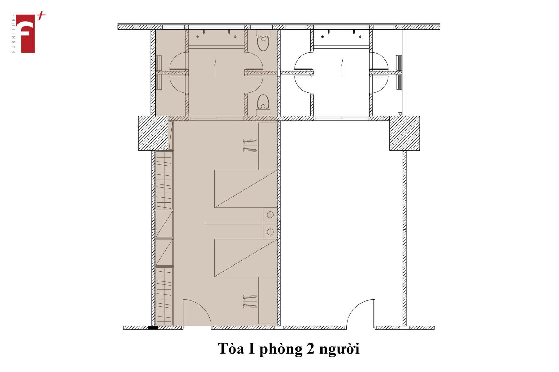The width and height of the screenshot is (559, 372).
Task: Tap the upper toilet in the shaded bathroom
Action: [263, 41]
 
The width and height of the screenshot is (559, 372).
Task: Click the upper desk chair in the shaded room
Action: [250, 145]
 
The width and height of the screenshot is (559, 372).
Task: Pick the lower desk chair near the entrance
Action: [250, 301]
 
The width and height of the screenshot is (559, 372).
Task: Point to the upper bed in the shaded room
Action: [246, 189]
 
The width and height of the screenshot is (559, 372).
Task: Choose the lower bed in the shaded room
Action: [246, 258]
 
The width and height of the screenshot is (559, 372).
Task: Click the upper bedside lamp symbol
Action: [270, 215]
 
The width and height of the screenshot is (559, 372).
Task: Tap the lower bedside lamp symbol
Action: [270, 232]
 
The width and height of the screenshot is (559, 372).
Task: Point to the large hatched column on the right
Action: [404, 133]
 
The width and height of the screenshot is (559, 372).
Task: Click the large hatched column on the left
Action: [153, 133]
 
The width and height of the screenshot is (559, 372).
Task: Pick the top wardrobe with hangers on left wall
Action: [164, 180]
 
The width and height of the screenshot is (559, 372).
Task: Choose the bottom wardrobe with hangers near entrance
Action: [164, 296]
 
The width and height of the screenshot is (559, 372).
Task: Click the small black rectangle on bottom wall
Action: [153, 328]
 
